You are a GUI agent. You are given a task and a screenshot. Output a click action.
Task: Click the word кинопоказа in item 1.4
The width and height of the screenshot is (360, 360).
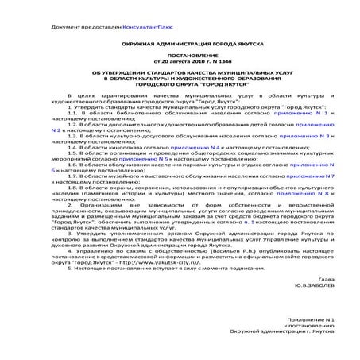point(121,147)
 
